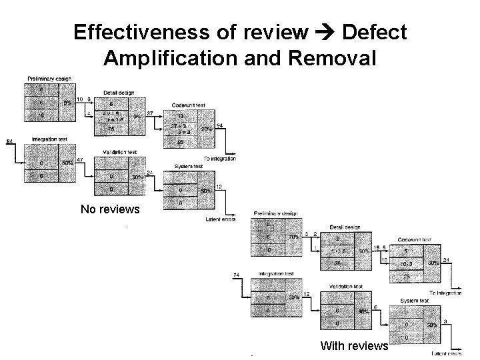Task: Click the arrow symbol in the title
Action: [x=322, y=33]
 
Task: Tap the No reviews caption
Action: [x=110, y=209]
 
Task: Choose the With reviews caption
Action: [x=354, y=345]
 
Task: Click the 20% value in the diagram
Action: [x=207, y=129]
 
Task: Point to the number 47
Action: [x=79, y=160]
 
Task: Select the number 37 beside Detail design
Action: [x=150, y=113]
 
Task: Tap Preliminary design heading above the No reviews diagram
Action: [x=49, y=79]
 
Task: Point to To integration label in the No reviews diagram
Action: [x=219, y=158]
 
